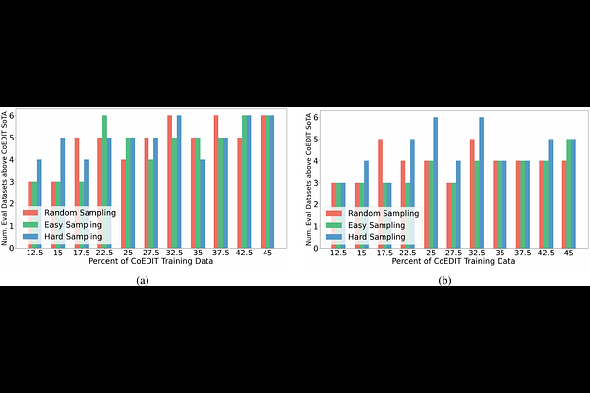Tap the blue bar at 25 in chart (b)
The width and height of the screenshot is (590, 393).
[435, 181]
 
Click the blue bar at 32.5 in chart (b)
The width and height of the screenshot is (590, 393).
[482, 181]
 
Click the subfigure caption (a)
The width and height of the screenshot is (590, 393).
[145, 280]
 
